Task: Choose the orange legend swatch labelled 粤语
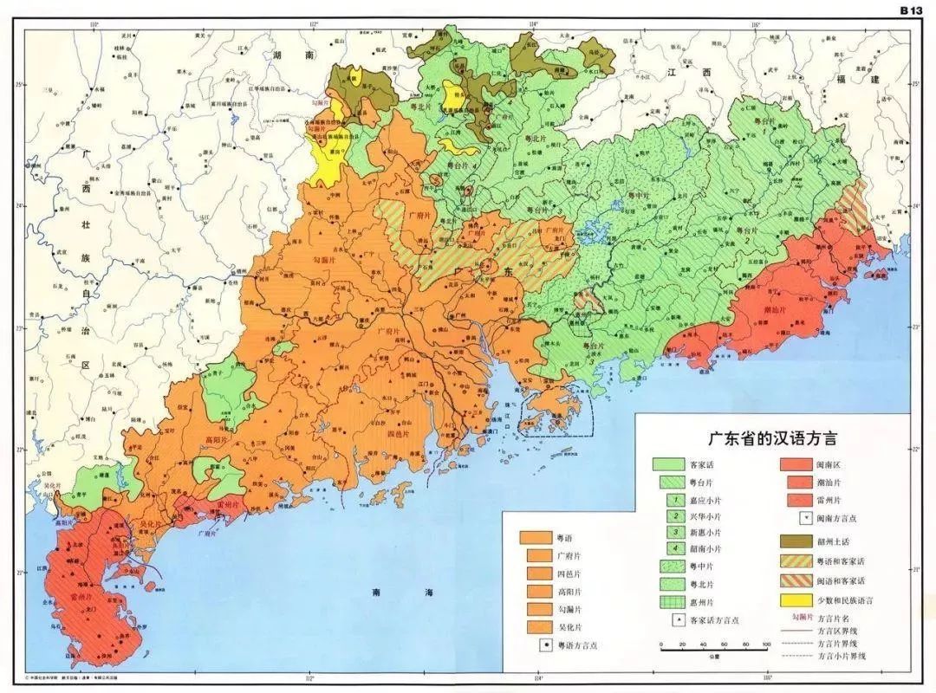535,537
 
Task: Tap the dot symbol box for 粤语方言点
546,645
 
